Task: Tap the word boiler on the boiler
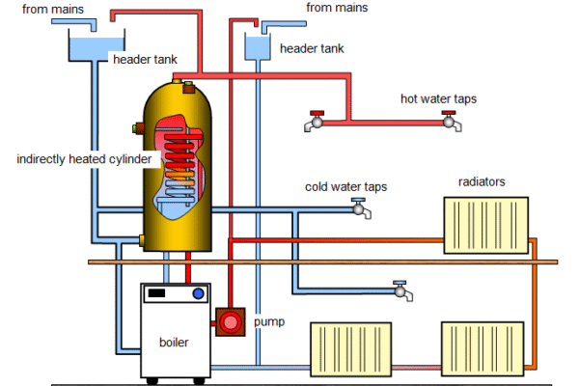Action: [x=174, y=342]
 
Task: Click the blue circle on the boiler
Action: [x=199, y=293]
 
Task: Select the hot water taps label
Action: [x=438, y=98]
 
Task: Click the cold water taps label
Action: [x=346, y=186]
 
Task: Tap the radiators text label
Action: [x=482, y=181]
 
